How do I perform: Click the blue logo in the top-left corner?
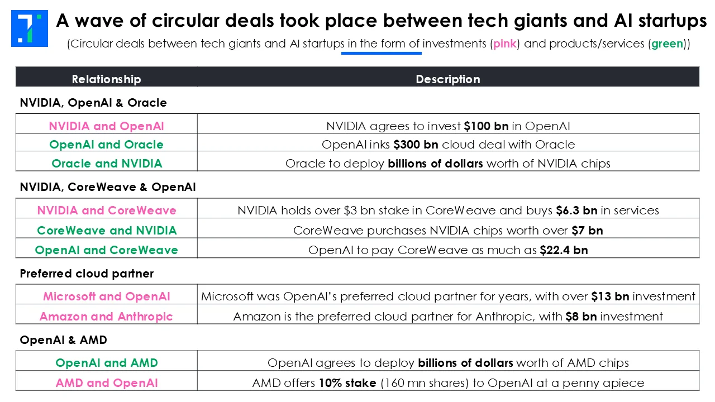click(30, 28)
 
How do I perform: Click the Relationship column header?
click(106, 79)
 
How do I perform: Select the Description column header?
click(447, 79)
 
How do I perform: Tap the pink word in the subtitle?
click(505, 44)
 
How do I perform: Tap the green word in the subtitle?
click(667, 44)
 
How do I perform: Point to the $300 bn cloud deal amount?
click(416, 145)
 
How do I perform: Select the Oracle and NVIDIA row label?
click(107, 164)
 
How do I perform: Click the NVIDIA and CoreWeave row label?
click(107, 210)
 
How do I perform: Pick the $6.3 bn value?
click(576, 210)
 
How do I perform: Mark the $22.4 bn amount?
click(564, 250)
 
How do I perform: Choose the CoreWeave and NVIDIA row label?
click(107, 230)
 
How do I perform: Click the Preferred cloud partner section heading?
click(87, 274)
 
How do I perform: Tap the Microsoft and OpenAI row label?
click(107, 296)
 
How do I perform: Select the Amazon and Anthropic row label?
click(106, 317)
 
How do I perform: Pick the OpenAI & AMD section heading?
click(63, 339)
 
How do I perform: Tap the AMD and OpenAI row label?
click(107, 383)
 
